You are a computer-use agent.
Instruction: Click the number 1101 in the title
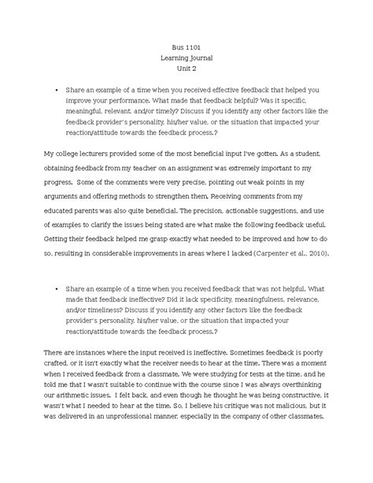[x=194, y=46]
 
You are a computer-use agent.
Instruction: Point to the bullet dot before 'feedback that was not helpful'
[x=57, y=289]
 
